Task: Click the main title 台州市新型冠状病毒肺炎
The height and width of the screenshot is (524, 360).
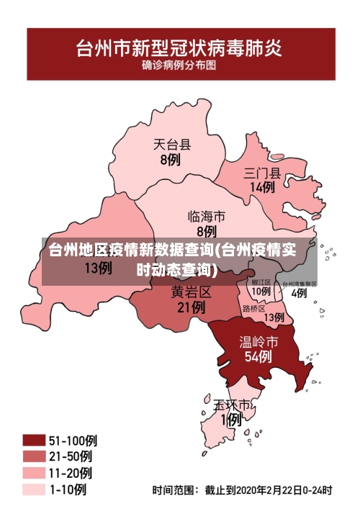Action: [179, 49]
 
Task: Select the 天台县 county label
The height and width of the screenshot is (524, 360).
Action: [171, 145]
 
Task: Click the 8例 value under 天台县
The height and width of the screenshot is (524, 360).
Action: [170, 160]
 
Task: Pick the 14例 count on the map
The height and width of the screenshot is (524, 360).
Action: [261, 187]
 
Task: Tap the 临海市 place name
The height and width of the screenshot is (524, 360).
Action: [206, 216]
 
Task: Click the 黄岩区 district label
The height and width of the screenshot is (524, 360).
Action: [191, 292]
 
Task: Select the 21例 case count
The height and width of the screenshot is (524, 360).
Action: [191, 307]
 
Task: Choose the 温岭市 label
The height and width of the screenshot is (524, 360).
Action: [258, 340]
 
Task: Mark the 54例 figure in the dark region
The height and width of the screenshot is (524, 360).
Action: [258, 356]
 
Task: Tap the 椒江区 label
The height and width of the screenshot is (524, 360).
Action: [261, 282]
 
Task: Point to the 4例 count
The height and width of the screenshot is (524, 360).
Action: [299, 293]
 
